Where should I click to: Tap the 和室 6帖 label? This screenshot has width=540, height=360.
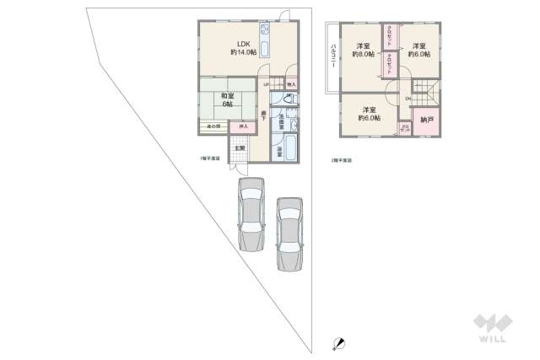(227, 99)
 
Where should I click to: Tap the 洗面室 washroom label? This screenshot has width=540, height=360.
(282, 121)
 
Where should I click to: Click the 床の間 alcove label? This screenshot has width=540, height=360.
(213, 126)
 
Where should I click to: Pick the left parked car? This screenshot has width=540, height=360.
(251, 214)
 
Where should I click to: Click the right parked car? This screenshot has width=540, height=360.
(289, 232)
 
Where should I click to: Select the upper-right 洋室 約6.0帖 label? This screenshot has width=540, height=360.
(419, 49)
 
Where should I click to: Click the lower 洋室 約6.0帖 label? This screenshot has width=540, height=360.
(369, 114)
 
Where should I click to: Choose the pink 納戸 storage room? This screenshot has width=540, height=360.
(428, 120)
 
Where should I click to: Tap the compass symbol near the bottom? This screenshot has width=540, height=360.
(338, 344)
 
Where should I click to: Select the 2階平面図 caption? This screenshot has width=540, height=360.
(341, 159)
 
